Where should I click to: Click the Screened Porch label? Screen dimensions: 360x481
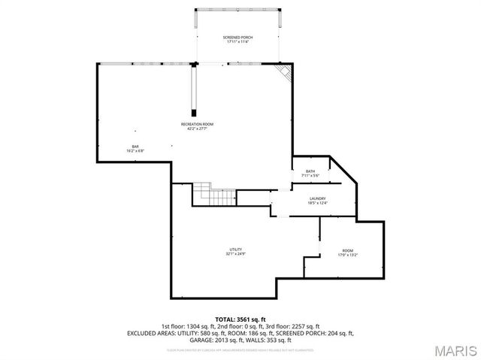(x=237, y=37)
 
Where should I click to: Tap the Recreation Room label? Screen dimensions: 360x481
(x=197, y=124)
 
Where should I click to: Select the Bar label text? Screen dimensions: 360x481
(x=135, y=146)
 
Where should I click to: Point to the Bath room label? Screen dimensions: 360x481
(x=310, y=171)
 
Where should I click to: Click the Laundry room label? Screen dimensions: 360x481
(x=317, y=198)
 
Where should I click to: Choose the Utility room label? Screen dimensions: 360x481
(x=235, y=250)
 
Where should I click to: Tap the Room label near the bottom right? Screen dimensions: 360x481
(x=347, y=250)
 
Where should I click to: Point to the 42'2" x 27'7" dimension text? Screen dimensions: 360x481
(x=197, y=129)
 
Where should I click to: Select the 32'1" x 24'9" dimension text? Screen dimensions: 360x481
(x=235, y=254)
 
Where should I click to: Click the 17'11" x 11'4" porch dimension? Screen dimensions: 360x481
(x=237, y=41)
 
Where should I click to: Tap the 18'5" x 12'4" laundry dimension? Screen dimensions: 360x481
(x=317, y=203)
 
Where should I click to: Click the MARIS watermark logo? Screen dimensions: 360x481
(x=455, y=350)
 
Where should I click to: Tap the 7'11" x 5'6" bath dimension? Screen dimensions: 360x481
(x=310, y=176)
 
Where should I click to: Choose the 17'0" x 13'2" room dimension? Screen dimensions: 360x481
(x=347, y=255)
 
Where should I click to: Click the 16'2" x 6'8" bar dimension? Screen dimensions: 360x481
(x=135, y=150)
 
